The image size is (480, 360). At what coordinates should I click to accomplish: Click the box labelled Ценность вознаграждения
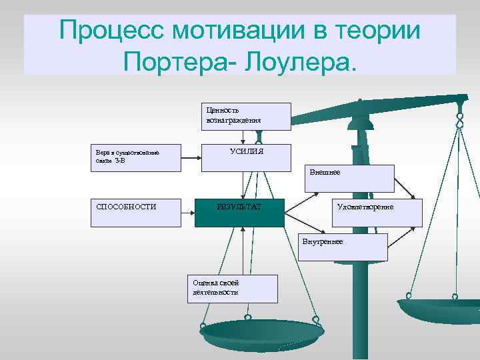246,116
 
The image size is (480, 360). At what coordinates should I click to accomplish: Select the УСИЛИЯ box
246,157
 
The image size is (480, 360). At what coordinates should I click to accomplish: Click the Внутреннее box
343,247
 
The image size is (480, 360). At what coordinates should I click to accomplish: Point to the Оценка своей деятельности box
232,288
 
